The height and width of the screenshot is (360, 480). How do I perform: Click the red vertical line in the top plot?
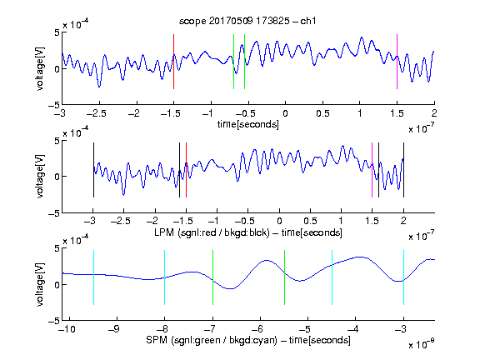(x=173, y=62)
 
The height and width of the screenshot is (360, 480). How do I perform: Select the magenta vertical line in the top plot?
(x=397, y=62)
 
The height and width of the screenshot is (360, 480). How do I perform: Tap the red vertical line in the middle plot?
(x=186, y=170)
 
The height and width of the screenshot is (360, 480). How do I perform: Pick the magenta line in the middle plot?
(x=372, y=170)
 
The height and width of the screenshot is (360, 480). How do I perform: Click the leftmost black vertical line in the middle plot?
(x=93, y=170)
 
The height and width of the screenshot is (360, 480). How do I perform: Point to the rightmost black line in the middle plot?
(x=403, y=170)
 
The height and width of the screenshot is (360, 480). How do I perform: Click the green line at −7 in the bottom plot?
(x=212, y=277)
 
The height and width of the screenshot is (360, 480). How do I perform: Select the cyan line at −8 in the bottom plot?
(x=164, y=277)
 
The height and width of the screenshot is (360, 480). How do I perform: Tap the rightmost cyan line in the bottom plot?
(x=403, y=277)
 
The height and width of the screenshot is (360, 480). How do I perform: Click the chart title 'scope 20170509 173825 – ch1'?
(x=247, y=21)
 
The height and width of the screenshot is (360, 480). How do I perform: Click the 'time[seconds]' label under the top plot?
(x=248, y=124)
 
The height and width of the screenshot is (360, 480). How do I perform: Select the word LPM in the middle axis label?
(x=164, y=232)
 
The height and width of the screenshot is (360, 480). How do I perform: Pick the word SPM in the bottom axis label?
(x=157, y=340)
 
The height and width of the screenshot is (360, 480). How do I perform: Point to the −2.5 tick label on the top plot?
(x=97, y=113)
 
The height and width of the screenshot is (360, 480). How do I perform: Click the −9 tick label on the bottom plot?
(x=114, y=329)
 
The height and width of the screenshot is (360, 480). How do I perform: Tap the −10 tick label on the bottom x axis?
(x=67, y=329)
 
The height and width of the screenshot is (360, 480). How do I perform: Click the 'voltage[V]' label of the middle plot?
(x=40, y=177)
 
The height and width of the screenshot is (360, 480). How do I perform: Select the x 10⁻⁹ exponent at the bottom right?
(x=422, y=344)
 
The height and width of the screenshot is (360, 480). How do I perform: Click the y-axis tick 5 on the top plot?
(x=57, y=32)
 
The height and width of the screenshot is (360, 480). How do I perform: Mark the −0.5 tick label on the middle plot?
(x=245, y=221)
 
